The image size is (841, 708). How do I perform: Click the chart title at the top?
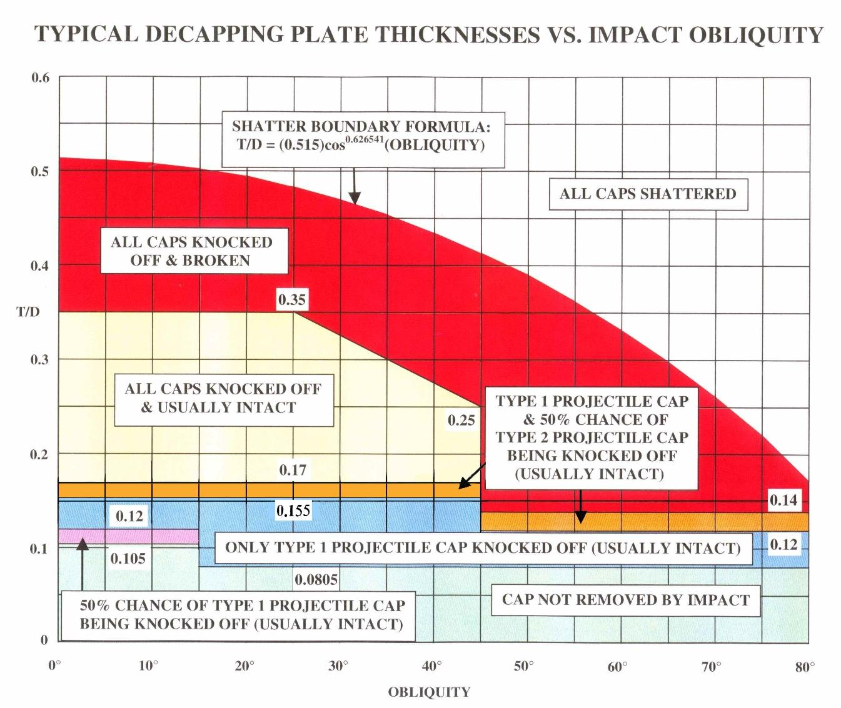428,34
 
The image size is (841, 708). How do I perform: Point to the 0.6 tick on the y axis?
40,77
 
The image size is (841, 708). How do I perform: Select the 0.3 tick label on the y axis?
40,360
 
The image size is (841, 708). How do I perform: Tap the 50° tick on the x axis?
524,666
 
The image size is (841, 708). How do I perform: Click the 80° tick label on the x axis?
805,666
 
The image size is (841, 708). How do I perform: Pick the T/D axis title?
28,312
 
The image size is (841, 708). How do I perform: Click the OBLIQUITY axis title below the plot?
429,692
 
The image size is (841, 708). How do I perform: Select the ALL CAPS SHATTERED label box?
648,194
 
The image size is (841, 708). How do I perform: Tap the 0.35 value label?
292,300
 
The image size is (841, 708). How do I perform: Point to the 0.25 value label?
461,421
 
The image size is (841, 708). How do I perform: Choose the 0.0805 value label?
316,580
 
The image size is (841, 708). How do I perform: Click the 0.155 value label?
293,511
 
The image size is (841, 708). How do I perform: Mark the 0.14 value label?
783,500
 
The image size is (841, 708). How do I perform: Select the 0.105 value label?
128,559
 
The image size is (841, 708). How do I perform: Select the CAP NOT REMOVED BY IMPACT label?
625,600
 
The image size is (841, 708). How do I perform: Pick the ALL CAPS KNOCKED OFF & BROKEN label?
191,251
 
